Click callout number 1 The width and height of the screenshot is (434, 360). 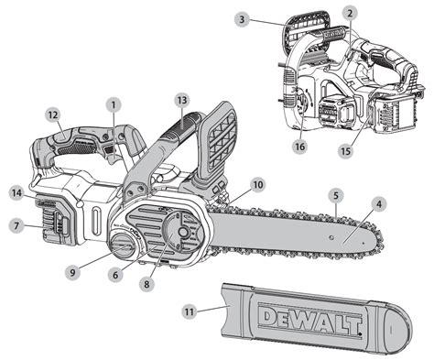click(x=114, y=105)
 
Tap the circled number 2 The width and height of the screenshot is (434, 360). click(x=349, y=13)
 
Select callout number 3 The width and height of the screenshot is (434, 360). click(x=240, y=18)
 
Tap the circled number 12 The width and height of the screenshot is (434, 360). click(x=53, y=115)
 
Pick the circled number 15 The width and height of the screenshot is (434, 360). click(x=346, y=148)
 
